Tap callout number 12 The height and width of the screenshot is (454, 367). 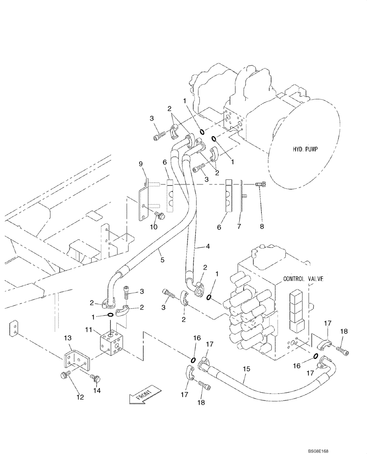[x=80, y=398]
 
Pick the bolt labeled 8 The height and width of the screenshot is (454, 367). [x=261, y=184]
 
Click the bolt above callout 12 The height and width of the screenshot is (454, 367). [x=64, y=375]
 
